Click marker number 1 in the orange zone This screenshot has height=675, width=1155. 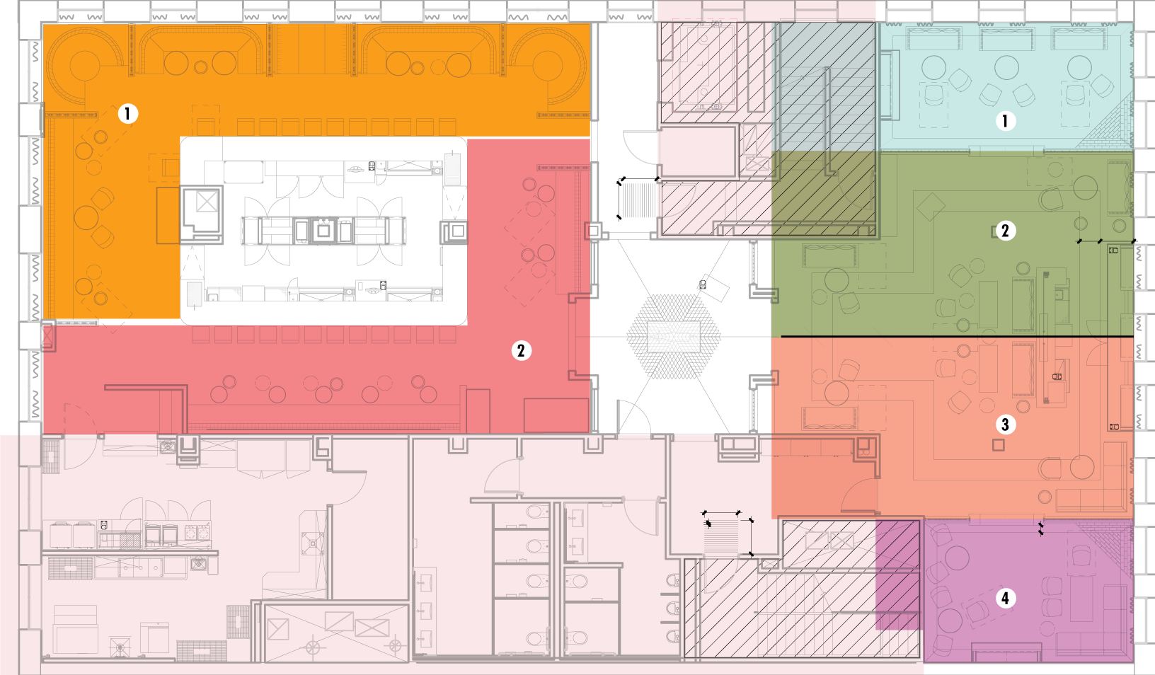[x=127, y=113]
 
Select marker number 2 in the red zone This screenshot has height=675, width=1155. [x=521, y=350]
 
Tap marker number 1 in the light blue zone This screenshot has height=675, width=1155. [x=1005, y=121]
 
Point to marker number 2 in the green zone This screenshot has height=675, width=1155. [x=1005, y=231]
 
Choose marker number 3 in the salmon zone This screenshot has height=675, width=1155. [x=1005, y=425]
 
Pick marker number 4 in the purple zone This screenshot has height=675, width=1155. [x=1005, y=598]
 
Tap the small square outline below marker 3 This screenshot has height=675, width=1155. [x=998, y=445]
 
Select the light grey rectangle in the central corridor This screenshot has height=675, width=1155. [x=673, y=337]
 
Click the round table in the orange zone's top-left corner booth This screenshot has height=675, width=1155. [x=84, y=67]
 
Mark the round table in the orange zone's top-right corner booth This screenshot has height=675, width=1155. [x=547, y=66]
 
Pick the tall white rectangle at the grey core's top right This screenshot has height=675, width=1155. [x=452, y=170]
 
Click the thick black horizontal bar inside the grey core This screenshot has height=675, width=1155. [x=412, y=284]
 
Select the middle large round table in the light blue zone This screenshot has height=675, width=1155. [x=1006, y=68]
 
